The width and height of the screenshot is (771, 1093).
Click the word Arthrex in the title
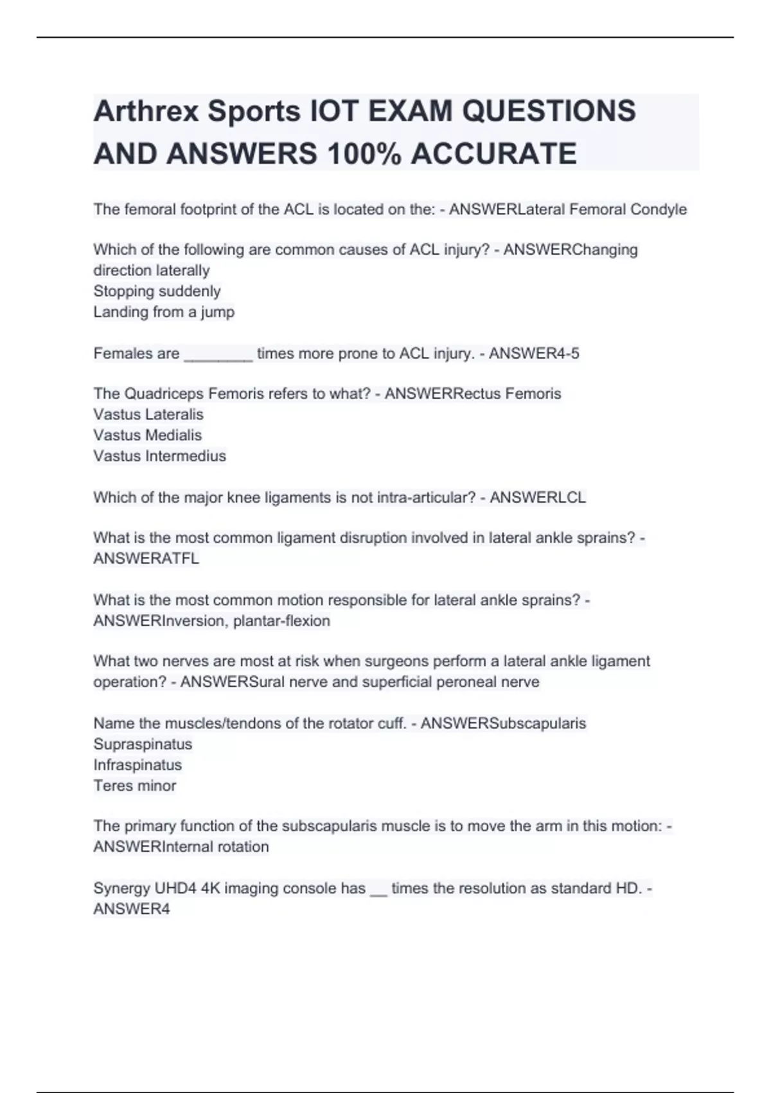146,111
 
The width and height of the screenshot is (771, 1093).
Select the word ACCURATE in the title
493,154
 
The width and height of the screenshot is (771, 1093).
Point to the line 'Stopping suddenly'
157,291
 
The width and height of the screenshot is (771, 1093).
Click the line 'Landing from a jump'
164,312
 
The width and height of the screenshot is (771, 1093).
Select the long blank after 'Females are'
218,354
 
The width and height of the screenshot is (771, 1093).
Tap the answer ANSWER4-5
534,354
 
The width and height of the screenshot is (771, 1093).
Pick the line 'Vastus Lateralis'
148,415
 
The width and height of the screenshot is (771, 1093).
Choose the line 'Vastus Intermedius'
159,456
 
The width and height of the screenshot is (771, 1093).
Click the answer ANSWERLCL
538,498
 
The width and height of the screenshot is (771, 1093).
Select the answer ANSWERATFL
146,559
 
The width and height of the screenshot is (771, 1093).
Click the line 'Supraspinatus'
143,745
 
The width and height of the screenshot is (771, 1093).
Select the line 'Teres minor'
135,786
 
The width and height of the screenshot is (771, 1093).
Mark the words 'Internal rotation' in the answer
216,847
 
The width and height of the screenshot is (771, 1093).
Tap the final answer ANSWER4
132,909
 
